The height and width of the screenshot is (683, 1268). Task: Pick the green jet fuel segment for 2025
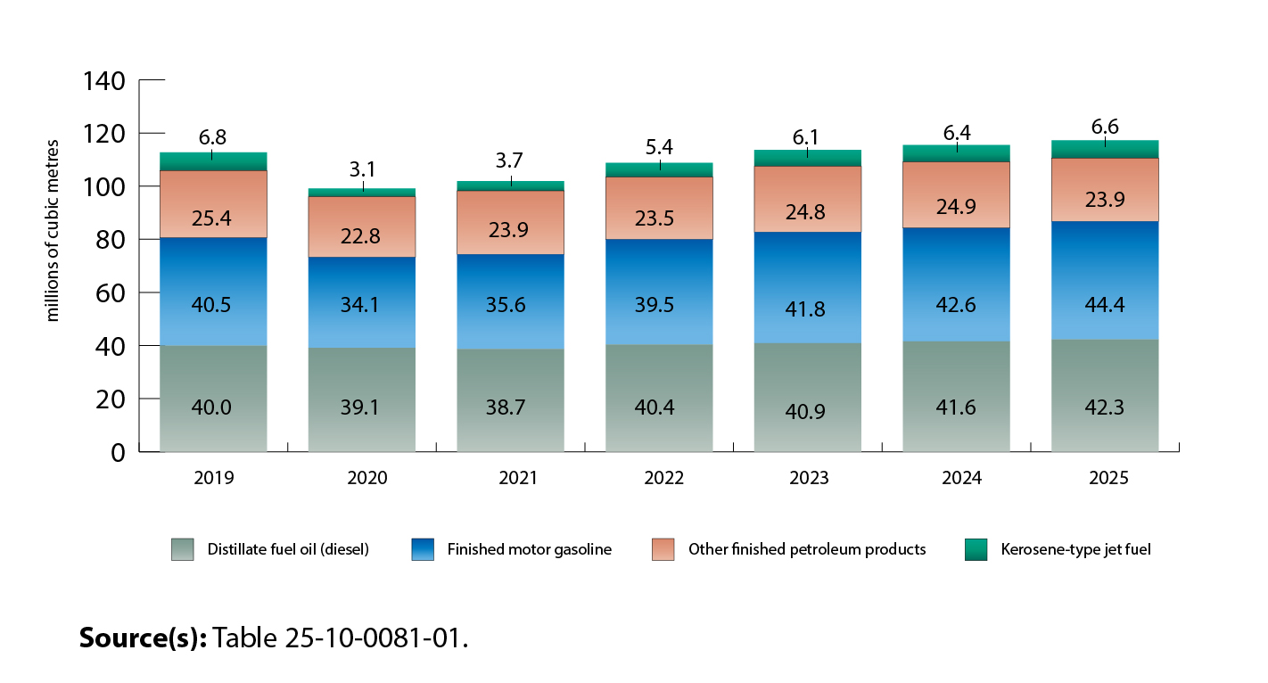[1105, 150]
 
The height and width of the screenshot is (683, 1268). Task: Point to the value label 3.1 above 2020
[362, 168]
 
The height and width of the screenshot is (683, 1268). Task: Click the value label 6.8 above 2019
[212, 137]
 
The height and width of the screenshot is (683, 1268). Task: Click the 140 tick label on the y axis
[104, 81]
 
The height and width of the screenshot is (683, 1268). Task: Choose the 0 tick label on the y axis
[119, 452]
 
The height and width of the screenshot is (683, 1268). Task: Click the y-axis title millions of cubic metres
[53, 230]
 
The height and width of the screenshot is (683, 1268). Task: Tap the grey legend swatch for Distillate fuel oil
[182, 549]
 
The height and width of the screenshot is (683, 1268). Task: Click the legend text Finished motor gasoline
[529, 549]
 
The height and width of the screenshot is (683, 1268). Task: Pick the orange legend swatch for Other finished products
[663, 549]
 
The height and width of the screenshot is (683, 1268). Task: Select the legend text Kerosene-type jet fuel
[1075, 549]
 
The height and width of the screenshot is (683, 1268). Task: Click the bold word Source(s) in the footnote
[143, 638]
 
